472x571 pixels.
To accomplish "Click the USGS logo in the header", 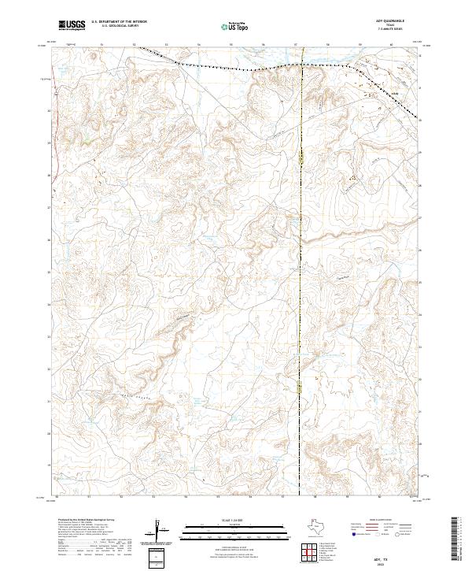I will coord(72,24).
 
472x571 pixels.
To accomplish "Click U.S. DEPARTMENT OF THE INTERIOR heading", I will coord(119,21).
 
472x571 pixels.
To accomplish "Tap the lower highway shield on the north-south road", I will coord(301,386).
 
